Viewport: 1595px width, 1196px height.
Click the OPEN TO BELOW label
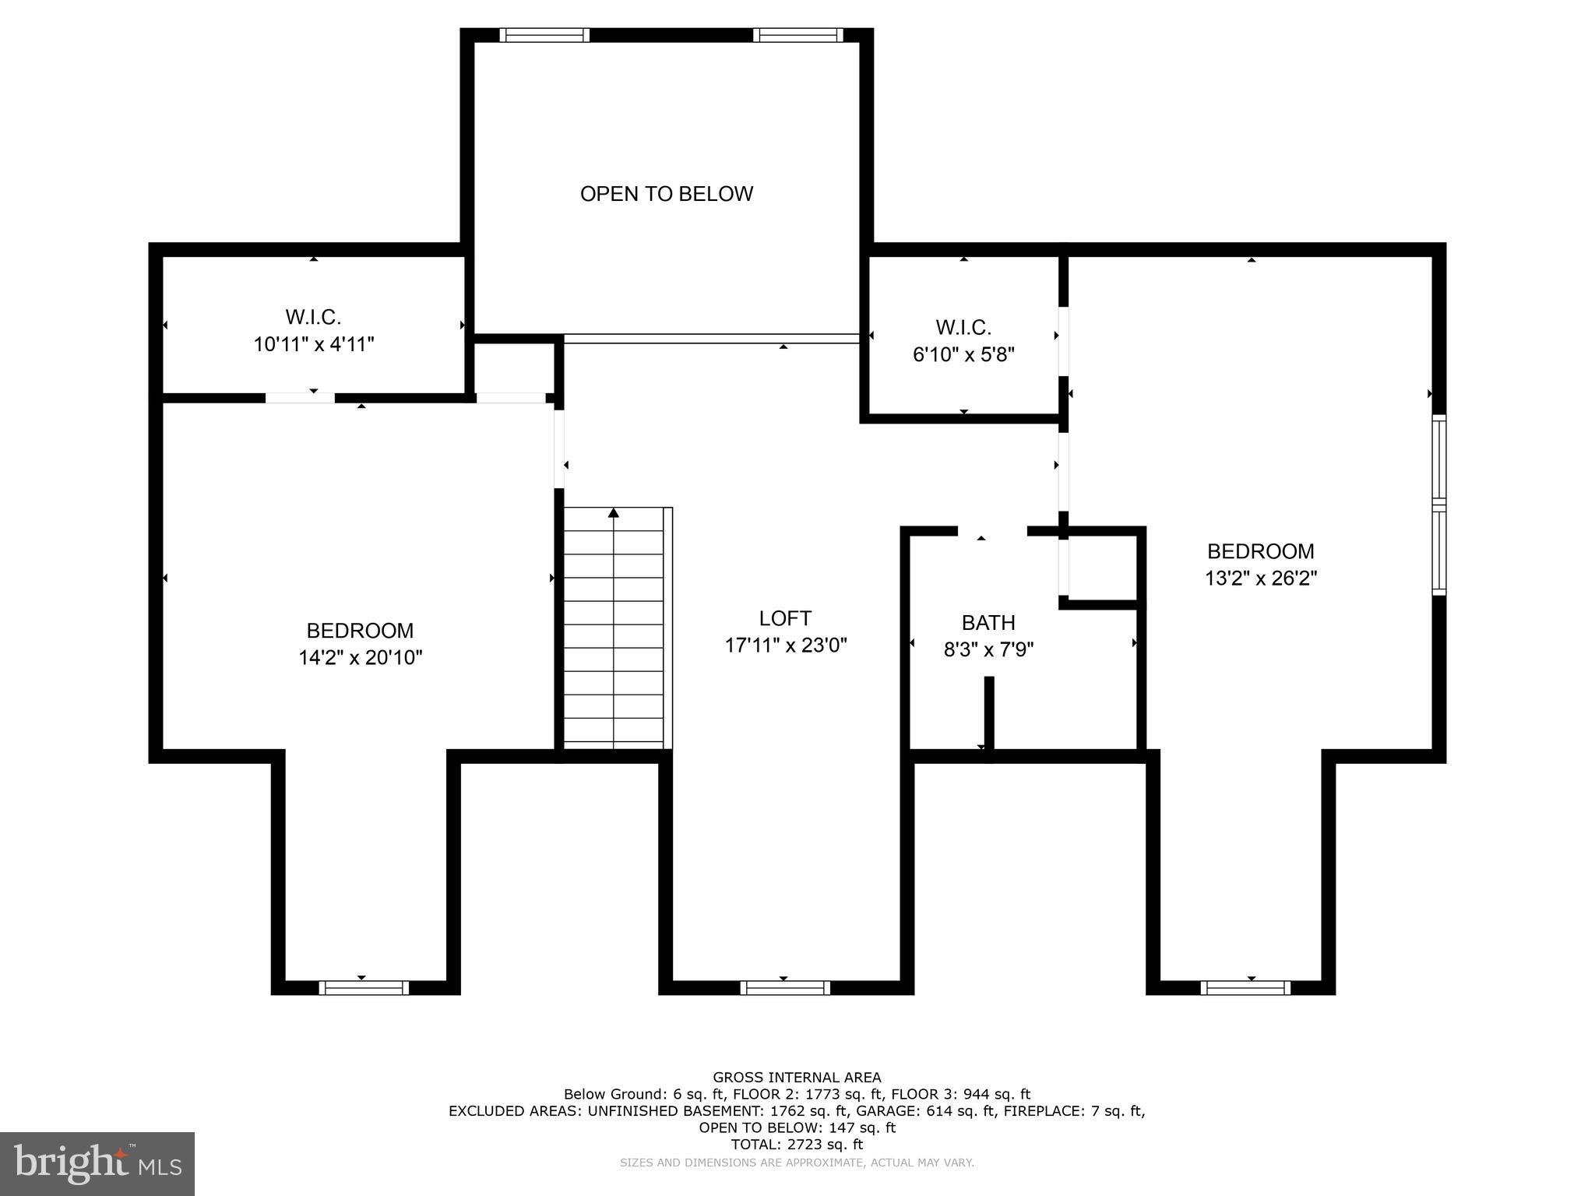point(666,194)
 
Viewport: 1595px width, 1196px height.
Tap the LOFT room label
point(785,618)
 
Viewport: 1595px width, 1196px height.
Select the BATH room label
point(988,623)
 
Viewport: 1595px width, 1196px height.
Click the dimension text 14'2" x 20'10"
point(360,658)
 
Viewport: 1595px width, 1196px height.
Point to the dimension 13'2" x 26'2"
point(1260,579)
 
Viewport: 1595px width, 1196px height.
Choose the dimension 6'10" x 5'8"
point(963,355)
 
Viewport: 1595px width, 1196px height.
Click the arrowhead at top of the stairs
point(614,512)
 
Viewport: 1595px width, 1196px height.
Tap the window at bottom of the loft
point(784,988)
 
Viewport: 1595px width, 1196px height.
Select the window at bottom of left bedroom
point(364,988)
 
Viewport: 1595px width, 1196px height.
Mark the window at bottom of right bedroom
point(1245,988)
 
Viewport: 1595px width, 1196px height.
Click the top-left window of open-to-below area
point(544,35)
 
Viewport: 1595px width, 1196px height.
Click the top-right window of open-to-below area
point(797,35)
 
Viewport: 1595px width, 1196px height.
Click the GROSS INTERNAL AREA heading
point(797,1078)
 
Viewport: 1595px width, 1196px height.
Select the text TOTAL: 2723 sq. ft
point(797,1145)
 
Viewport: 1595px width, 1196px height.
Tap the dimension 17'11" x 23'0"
point(785,645)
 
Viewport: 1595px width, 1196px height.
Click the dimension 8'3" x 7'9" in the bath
point(988,649)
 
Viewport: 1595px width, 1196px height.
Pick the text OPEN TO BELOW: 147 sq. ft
point(797,1127)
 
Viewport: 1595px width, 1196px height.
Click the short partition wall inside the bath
point(989,712)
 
